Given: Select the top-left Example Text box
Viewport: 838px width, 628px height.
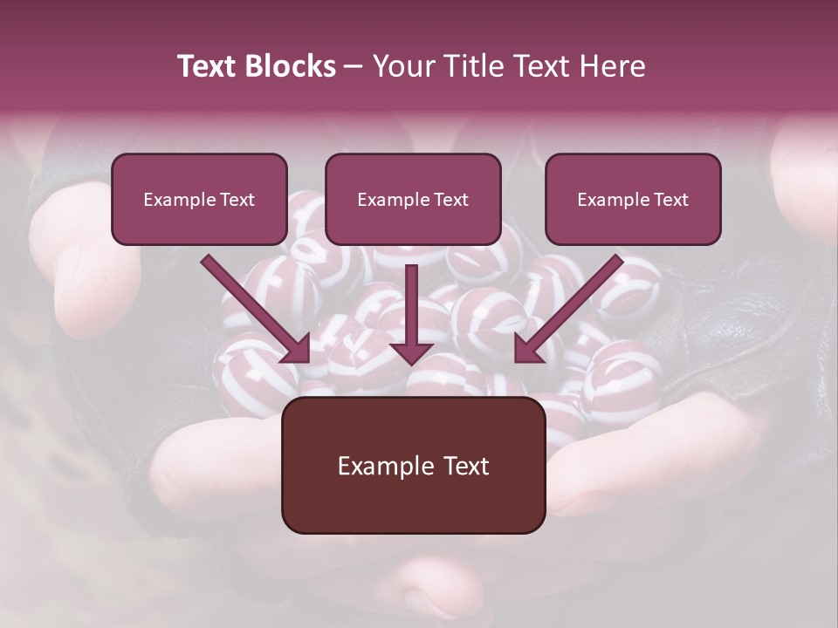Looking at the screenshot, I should click(199, 199).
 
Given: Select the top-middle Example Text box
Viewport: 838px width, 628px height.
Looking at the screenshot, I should click(413, 199).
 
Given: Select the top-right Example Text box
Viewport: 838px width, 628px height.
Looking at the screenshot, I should click(633, 199).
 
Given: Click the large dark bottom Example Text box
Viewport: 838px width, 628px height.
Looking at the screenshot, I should click(413, 465).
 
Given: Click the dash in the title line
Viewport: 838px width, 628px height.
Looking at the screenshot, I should click(354, 66).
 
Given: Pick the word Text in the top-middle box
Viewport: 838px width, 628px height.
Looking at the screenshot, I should click(451, 200).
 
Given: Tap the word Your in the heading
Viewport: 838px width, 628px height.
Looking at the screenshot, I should click(401, 66).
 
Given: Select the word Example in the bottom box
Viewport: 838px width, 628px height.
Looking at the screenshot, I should click(385, 466).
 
